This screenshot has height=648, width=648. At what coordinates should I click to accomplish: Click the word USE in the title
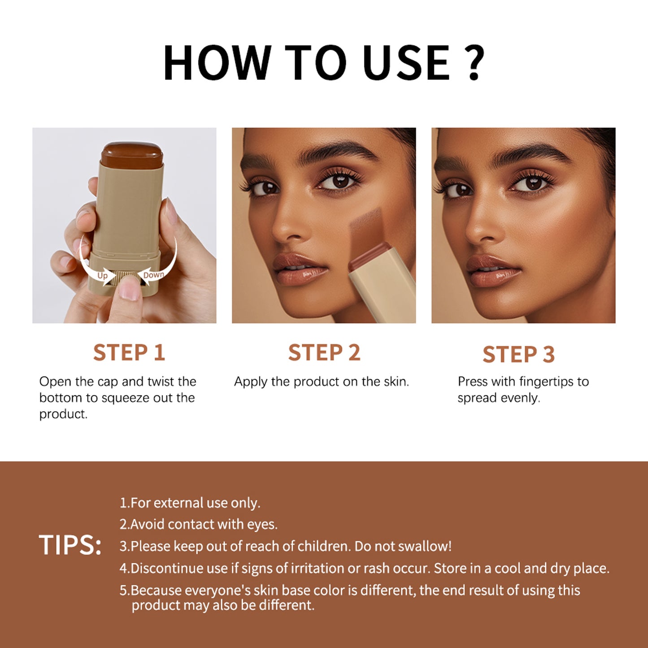click(x=406, y=63)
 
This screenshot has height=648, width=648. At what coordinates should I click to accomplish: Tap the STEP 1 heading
click(x=129, y=352)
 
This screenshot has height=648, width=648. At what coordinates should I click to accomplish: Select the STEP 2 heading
click(x=324, y=352)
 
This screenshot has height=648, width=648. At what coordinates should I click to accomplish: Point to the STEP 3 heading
click(x=519, y=354)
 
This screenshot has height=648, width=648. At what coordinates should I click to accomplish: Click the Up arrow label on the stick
click(x=103, y=275)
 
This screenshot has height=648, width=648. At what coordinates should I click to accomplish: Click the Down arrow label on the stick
click(x=153, y=275)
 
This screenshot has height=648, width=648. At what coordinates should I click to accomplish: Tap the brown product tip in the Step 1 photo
click(x=131, y=155)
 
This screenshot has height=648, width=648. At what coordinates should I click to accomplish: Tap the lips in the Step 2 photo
click(x=300, y=269)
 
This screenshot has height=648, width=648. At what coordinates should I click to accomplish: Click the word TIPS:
click(x=70, y=545)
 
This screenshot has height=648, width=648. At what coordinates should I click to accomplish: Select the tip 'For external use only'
click(x=190, y=503)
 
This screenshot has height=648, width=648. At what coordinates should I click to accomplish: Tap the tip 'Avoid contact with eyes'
click(x=199, y=525)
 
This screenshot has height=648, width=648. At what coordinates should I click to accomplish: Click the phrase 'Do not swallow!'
click(x=403, y=546)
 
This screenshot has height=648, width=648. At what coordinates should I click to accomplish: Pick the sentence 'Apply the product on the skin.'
click(x=322, y=382)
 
